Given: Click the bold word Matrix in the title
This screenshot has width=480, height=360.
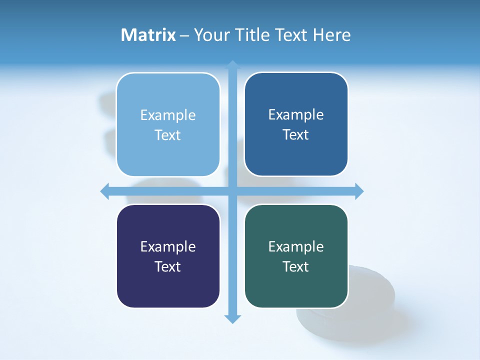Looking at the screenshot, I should [148, 35].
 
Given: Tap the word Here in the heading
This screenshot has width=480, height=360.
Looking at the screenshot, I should [332, 35].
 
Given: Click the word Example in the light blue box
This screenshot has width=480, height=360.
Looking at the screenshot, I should [168, 115].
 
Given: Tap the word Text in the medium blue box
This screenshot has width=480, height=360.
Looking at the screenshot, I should [296, 135].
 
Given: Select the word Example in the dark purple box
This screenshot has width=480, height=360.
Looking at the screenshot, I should [168, 247].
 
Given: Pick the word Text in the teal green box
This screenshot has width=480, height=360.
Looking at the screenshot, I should [296, 267].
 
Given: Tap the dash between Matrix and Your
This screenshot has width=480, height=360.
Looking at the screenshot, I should [184, 35].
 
